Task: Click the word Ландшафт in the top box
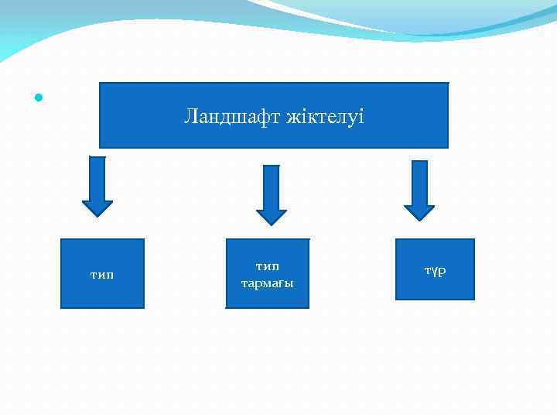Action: pos(232,118)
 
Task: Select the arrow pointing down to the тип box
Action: pos(97,186)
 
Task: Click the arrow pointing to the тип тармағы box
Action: pos(271,194)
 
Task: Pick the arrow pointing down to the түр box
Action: pos(419,190)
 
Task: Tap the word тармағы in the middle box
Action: pos(267,283)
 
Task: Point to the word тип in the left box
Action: pos(102,274)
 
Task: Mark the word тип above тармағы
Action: pos(267,266)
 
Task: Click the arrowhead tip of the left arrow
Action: pos(97,215)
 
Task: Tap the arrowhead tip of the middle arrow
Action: pos(271,224)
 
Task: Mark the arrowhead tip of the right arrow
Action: pos(419,220)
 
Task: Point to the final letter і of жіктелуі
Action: pos(361,118)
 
